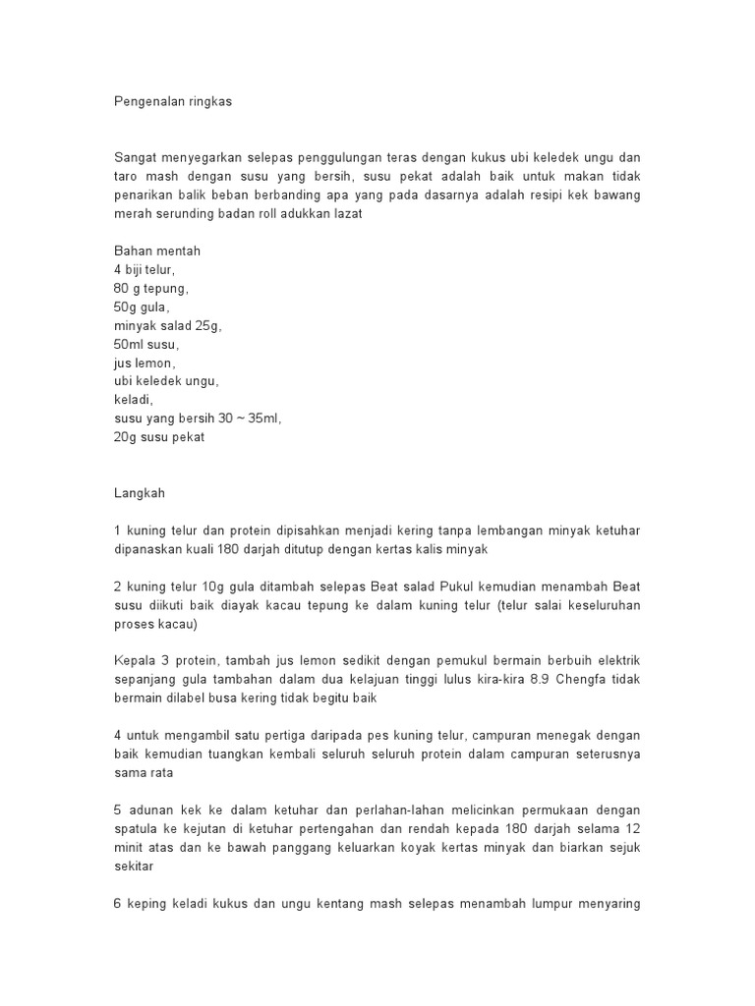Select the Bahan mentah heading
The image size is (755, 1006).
click(x=157, y=251)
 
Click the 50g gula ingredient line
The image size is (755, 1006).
click(x=144, y=307)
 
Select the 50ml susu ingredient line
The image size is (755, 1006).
click(x=147, y=345)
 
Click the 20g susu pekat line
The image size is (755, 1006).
click(x=159, y=438)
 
